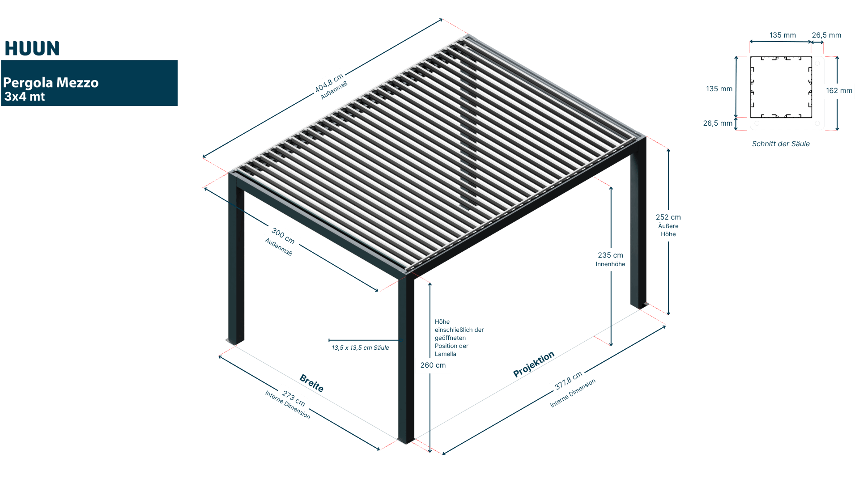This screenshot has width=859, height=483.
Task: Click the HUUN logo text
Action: (x=32, y=48)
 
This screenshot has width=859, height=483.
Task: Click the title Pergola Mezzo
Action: (x=51, y=83)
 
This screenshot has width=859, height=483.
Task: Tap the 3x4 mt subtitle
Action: (x=25, y=97)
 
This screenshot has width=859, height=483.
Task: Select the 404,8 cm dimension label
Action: (x=329, y=83)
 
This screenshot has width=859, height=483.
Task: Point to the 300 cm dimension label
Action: (x=283, y=236)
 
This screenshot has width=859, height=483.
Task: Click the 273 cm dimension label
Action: (x=293, y=399)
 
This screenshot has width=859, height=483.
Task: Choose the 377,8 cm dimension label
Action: (x=568, y=380)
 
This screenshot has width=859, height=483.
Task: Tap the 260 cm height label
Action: (x=433, y=365)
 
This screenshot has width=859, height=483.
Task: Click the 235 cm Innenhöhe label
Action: (x=610, y=259)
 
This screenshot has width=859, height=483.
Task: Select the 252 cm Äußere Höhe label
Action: (x=668, y=225)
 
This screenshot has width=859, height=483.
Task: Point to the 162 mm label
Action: (x=839, y=91)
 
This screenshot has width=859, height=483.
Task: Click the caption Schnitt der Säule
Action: (x=781, y=144)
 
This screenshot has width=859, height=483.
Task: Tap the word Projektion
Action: (x=534, y=364)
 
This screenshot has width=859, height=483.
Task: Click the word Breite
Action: (x=311, y=383)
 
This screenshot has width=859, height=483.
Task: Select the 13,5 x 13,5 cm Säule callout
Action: (x=360, y=348)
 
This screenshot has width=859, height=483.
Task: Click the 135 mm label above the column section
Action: (x=782, y=35)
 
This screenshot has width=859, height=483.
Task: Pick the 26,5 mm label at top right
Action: (x=826, y=35)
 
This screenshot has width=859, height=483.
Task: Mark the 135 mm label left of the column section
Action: (x=719, y=89)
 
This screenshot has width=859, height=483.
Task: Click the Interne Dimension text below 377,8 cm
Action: (x=573, y=394)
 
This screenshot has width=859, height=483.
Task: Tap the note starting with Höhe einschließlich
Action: (x=459, y=338)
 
